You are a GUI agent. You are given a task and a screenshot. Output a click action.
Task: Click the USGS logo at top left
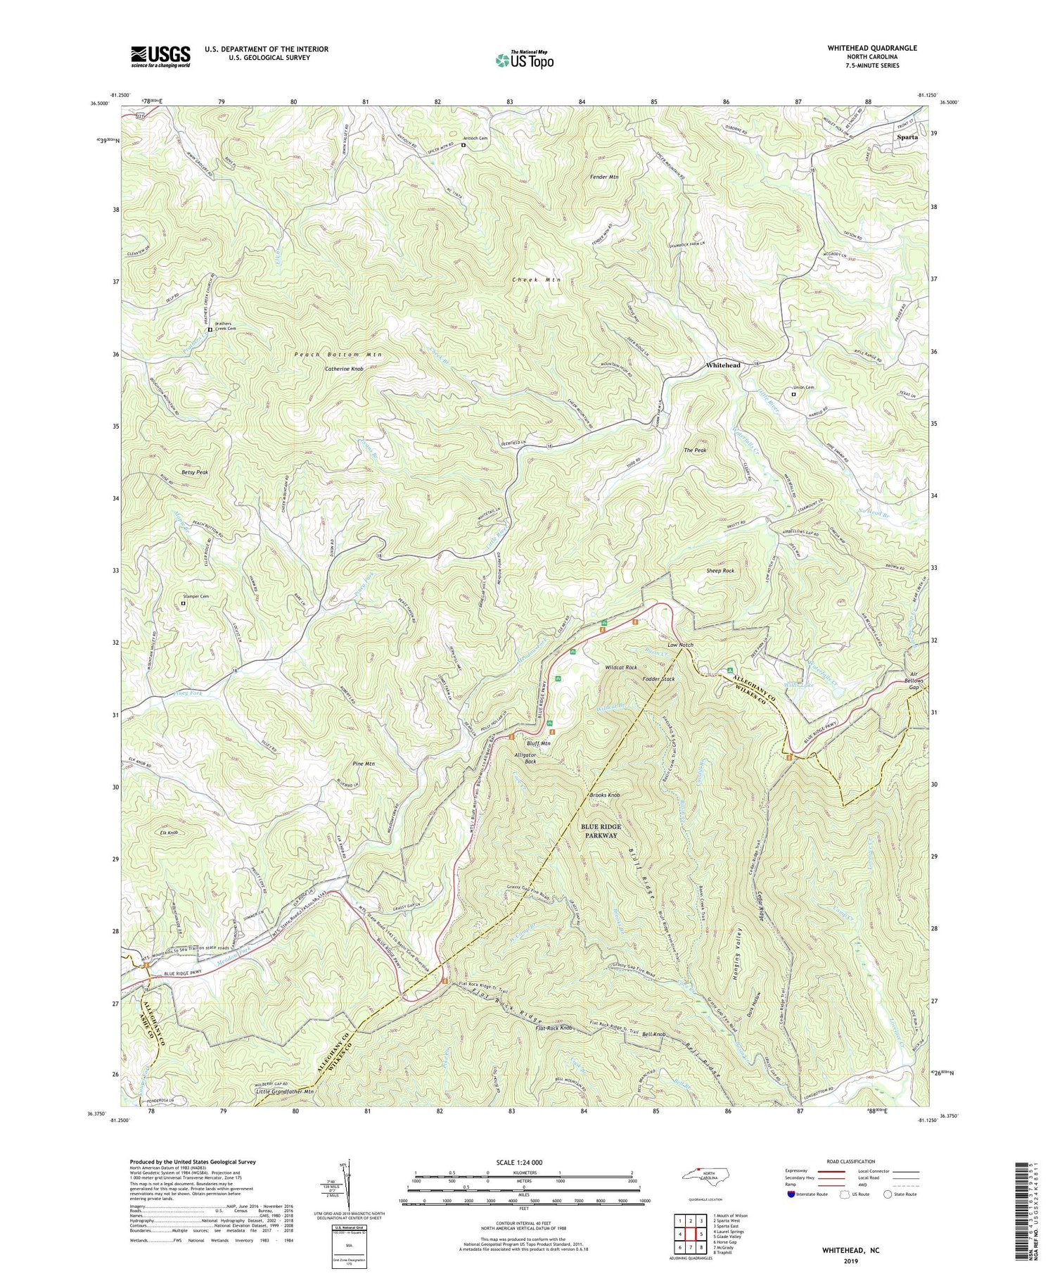click(160, 56)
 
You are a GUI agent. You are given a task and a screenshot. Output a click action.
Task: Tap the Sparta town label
click(907, 137)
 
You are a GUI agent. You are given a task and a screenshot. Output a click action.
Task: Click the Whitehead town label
click(723, 365)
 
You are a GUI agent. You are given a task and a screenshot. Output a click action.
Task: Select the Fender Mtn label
click(603, 177)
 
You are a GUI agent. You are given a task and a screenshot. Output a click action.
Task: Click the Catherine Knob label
click(344, 369)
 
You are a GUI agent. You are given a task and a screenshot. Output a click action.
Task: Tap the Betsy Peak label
click(195, 472)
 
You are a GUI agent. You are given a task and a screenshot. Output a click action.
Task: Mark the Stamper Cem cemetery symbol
click(183, 603)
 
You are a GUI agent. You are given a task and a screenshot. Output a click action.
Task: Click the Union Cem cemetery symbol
click(793, 395)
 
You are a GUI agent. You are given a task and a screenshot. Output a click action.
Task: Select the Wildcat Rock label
click(621, 667)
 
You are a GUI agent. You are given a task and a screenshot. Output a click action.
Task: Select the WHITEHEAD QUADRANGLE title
click(872, 48)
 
